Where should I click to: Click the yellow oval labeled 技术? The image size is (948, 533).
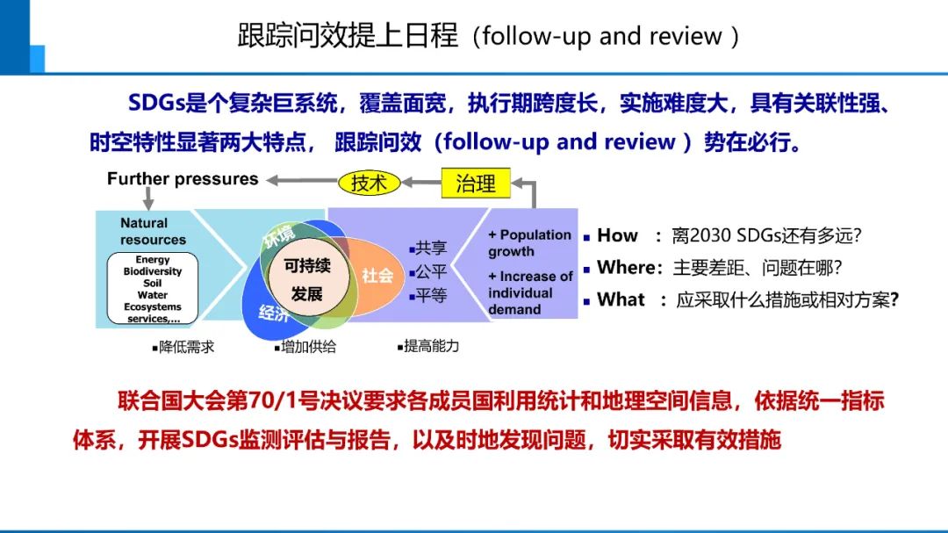(x=369, y=183)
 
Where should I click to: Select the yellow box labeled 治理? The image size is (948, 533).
(x=475, y=183)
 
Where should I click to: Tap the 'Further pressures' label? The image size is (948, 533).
(x=183, y=179)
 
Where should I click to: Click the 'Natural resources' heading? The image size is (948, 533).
(x=153, y=232)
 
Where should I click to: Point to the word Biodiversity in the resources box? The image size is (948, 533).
(x=153, y=271)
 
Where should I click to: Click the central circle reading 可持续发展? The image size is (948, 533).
(x=307, y=279)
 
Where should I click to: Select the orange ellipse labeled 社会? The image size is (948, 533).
(x=377, y=275)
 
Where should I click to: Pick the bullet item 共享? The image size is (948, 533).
(x=430, y=248)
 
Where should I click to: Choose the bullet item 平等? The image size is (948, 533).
(x=430, y=295)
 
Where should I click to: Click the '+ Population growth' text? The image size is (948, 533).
(x=529, y=243)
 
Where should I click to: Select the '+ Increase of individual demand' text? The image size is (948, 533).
(x=529, y=292)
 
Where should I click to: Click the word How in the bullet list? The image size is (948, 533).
(x=617, y=235)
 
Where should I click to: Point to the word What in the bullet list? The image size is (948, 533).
(x=621, y=300)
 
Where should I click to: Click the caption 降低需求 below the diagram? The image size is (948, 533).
(x=185, y=347)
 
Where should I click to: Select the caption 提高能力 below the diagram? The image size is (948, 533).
(x=430, y=347)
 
